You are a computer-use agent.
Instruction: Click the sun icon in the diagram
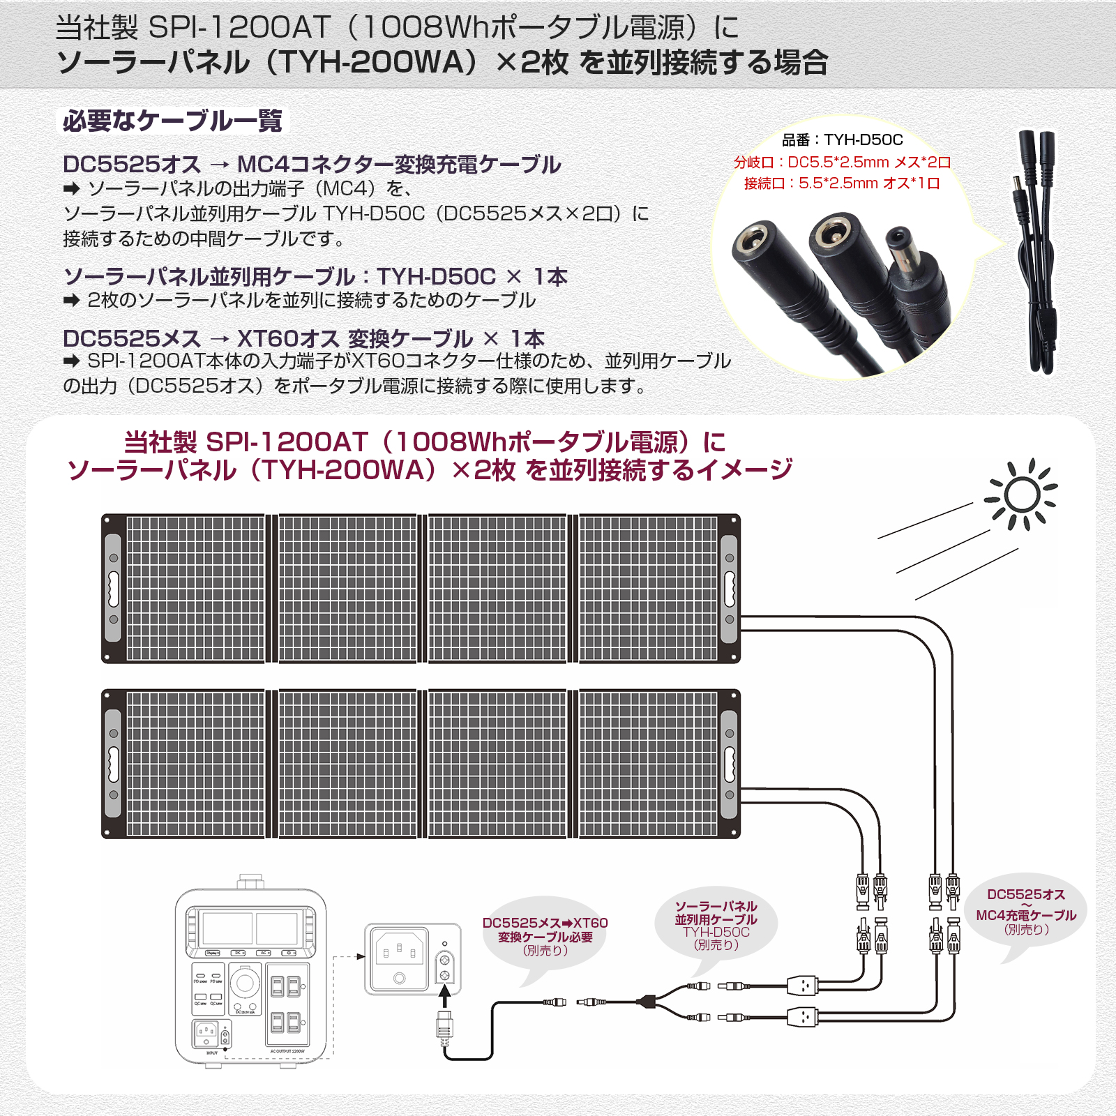tap(1022, 495)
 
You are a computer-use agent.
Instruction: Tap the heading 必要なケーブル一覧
tap(172, 121)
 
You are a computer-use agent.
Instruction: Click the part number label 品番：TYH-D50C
tap(842, 140)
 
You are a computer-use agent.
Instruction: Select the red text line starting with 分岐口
tap(842, 163)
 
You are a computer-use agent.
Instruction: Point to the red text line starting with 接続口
tap(842, 183)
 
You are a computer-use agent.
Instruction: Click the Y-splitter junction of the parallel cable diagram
tap(649, 1002)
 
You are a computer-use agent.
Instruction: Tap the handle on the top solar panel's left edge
tap(113, 589)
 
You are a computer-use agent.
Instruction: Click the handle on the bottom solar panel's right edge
tap(729, 764)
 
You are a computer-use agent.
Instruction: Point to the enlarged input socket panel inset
tap(412, 960)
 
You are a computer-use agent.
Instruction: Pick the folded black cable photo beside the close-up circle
tap(1037, 251)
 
